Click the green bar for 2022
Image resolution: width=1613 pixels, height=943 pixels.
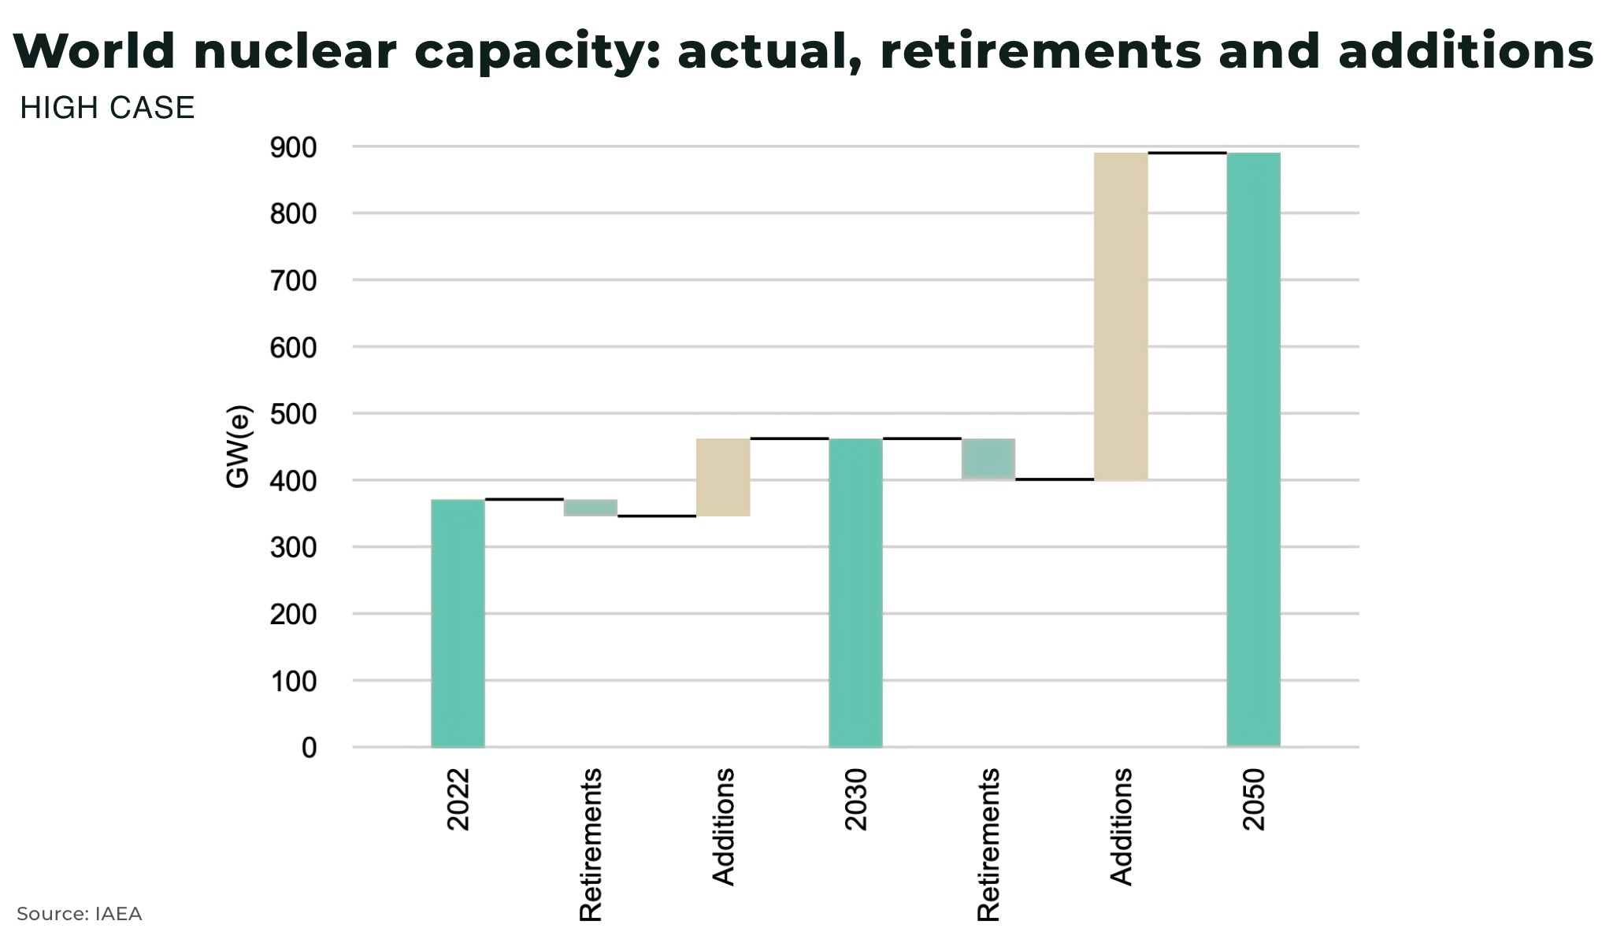pyautogui.click(x=458, y=623)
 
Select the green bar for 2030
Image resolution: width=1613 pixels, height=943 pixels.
pyautogui.click(x=855, y=593)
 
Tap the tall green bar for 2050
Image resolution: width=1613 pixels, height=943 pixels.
pyautogui.click(x=1253, y=449)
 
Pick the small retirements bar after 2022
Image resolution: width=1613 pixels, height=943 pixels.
pyautogui.click(x=591, y=508)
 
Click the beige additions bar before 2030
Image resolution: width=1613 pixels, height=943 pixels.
pyautogui.click(x=723, y=477)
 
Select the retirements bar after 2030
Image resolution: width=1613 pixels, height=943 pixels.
pyautogui.click(x=988, y=459)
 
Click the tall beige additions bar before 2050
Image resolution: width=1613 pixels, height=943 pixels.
pyautogui.click(x=1121, y=316)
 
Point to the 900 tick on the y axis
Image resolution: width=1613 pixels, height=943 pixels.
pyautogui.click(x=293, y=147)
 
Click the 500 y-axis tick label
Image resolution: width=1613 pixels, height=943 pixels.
pyautogui.click(x=293, y=414)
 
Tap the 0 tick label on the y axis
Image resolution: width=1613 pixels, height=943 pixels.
pyautogui.click(x=309, y=748)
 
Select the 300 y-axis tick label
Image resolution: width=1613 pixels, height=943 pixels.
pyautogui.click(x=293, y=548)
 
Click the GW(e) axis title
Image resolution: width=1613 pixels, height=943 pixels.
pyautogui.click(x=238, y=446)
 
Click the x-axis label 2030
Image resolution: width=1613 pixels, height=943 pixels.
pyautogui.click(x=855, y=800)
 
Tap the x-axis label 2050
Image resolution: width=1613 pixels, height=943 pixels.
pyautogui.click(x=1253, y=800)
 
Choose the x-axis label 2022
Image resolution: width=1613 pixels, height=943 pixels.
pyautogui.click(x=458, y=800)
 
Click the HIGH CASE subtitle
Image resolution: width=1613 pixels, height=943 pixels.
pyautogui.click(x=107, y=108)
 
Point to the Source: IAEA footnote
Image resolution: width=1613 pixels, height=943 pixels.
pyautogui.click(x=79, y=914)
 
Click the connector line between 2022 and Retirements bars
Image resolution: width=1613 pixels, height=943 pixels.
pyautogui.click(x=524, y=499)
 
